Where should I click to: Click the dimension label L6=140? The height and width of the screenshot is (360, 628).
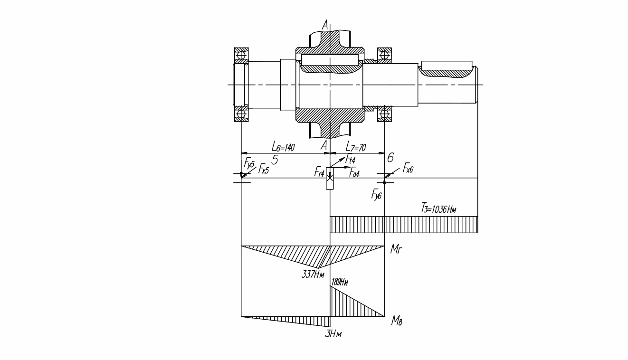(x=283, y=147)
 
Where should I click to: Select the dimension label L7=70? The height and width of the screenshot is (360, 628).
(x=355, y=147)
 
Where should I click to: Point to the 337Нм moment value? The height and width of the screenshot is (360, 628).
(x=313, y=275)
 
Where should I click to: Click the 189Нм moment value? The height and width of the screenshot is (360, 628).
(x=340, y=282)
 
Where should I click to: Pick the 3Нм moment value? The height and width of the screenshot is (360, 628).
(x=333, y=334)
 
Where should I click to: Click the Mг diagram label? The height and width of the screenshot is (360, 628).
(x=396, y=249)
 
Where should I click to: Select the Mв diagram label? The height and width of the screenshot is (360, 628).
(x=397, y=321)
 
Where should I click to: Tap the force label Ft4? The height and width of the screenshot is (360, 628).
(x=351, y=160)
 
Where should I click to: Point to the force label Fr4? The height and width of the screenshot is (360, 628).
(x=319, y=172)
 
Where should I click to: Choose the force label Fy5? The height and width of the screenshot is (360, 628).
(x=249, y=164)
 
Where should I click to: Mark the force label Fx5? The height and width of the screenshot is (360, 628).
(x=264, y=170)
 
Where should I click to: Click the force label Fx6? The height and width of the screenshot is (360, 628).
(x=408, y=168)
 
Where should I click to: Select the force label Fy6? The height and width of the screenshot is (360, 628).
(x=377, y=195)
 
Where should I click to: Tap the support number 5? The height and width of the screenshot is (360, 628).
(x=275, y=161)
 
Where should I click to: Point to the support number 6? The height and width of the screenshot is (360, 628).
(x=390, y=158)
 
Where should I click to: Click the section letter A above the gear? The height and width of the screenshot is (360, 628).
(x=325, y=25)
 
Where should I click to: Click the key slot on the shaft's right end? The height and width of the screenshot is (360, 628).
(x=447, y=66)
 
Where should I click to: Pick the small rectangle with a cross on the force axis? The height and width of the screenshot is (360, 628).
(x=330, y=178)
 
